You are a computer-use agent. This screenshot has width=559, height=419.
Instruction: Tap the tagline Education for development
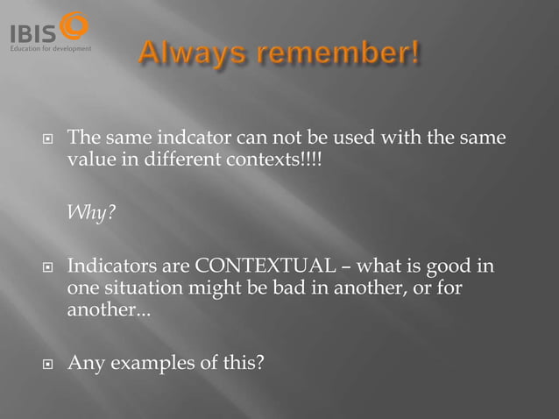50,48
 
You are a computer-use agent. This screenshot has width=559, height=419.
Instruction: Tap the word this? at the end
242,362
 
